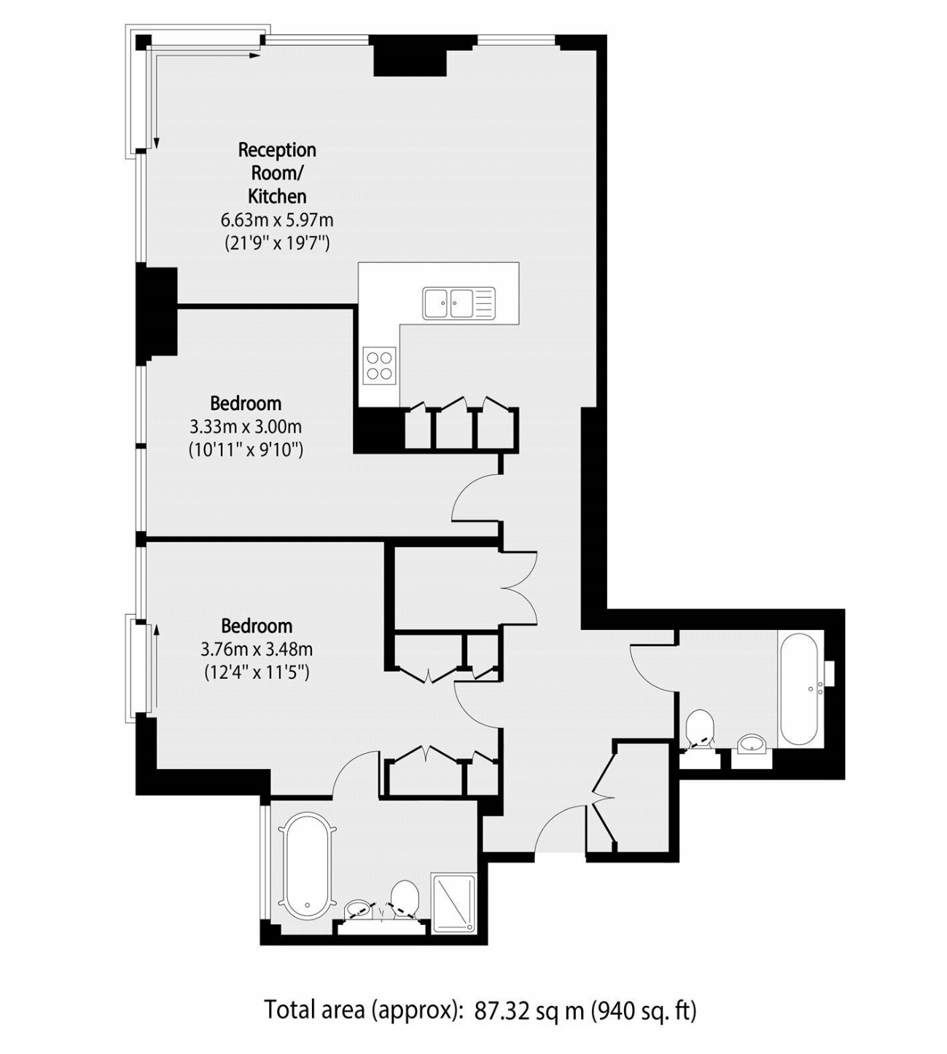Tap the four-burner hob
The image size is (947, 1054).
pyautogui.click(x=379, y=366)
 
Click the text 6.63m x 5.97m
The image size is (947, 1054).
pyautogui.click(x=277, y=220)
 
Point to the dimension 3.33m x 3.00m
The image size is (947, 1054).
pyautogui.click(x=245, y=427)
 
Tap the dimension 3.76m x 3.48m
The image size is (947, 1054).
pyautogui.click(x=257, y=649)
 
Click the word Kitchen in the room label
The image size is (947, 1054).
pyautogui.click(x=277, y=197)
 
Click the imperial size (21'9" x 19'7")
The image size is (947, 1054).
pyautogui.click(x=277, y=243)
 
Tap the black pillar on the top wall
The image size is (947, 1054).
pyautogui.click(x=410, y=55)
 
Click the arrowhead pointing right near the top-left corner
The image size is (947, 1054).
pyautogui.click(x=254, y=55)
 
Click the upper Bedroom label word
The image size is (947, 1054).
pyautogui.click(x=246, y=404)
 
